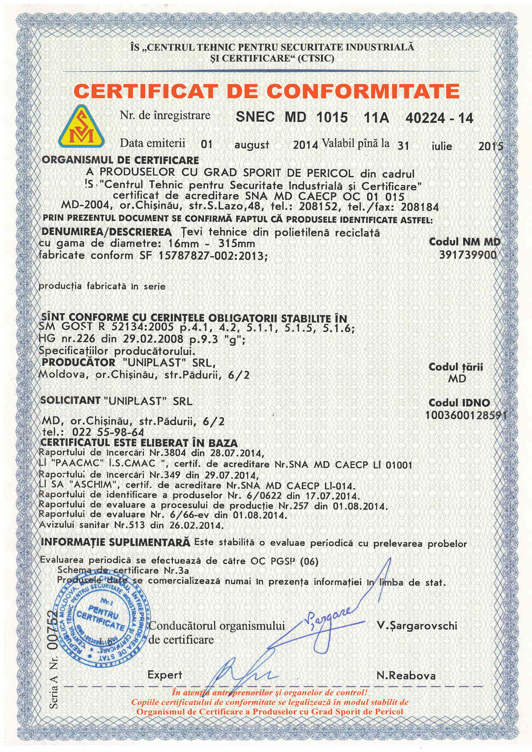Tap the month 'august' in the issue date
point(251,144)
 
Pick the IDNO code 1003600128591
point(466,415)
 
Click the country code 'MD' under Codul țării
point(457,379)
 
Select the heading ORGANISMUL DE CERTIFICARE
point(120,160)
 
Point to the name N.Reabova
point(406,676)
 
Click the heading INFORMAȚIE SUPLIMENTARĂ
point(115,542)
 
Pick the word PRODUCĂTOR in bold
point(79,362)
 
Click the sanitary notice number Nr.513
point(129,525)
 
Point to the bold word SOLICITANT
point(70,400)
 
